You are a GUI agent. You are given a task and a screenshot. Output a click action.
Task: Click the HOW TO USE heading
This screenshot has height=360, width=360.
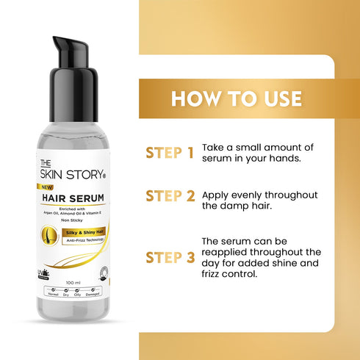237,98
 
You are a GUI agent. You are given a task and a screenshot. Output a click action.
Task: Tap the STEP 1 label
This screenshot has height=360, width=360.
170,152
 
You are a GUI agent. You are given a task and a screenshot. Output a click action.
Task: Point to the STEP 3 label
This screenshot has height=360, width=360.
170,257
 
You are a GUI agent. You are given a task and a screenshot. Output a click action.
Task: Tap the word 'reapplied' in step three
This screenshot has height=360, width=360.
228,251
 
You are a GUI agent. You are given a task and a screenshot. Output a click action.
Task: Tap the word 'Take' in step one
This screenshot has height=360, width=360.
213,147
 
